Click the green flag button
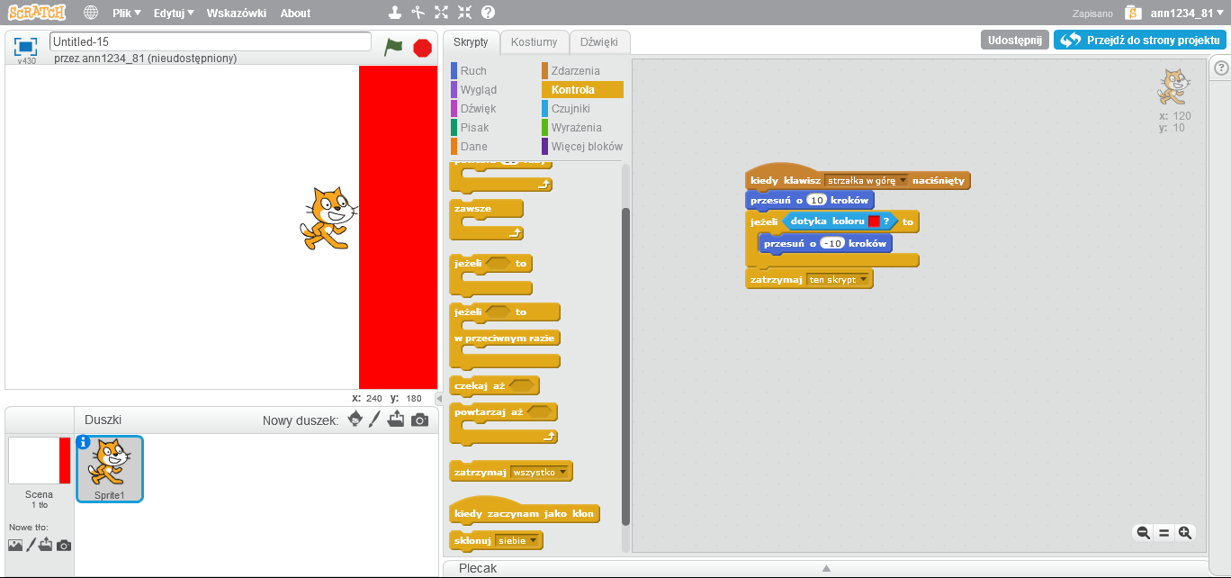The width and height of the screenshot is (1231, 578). pos(393,47)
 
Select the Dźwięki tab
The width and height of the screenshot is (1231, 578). pos(598,42)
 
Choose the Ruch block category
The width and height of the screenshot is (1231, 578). pos(473,71)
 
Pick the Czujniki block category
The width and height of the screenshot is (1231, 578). pos(571,109)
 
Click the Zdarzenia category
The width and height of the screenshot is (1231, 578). pos(575,71)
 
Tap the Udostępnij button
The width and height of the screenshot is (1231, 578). pos(1014,41)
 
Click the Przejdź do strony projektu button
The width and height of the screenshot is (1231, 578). pos(1139,41)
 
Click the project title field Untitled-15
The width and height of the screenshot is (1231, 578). pos(210,41)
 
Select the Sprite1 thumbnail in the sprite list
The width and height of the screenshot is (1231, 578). pos(109,467)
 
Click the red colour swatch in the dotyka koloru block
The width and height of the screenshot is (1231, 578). pos(874,221)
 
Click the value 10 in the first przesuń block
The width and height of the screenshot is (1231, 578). pos(816,200)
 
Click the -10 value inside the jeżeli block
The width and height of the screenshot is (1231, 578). pos(832,244)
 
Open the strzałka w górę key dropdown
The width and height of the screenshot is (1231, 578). pos(903,181)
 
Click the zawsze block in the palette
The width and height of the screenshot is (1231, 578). pos(474,209)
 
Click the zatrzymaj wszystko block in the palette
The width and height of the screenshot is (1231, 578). pos(481,472)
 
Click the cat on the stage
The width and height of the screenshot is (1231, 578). pos(327,217)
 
